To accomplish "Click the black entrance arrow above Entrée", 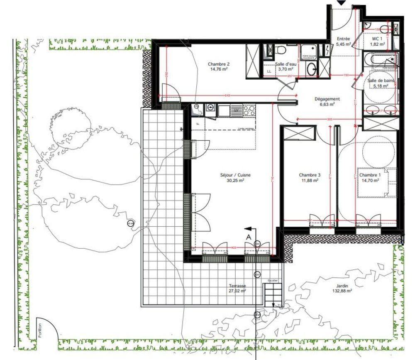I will (341, 2).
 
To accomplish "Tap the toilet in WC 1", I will (383, 29).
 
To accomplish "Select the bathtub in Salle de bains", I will (380, 60).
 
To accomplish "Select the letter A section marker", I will (249, 236).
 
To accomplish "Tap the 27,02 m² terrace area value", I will (238, 291).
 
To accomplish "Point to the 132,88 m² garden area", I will (343, 291).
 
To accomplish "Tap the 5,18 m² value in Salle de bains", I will (380, 86).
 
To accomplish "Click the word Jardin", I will (343, 286).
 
